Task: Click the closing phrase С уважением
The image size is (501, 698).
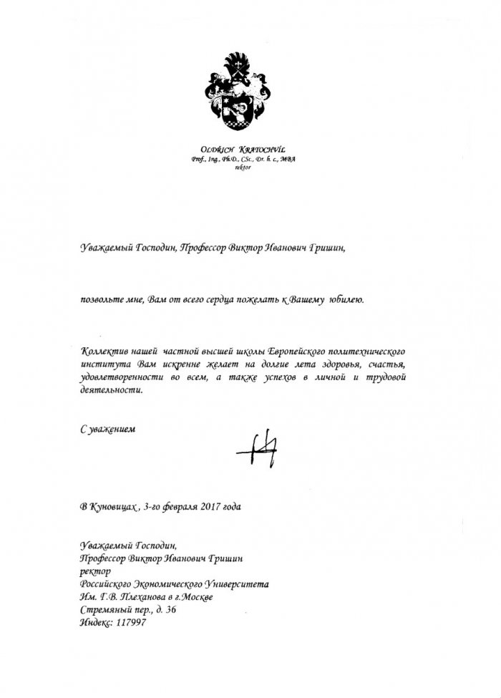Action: (x=107, y=430)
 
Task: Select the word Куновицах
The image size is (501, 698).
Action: (x=113, y=507)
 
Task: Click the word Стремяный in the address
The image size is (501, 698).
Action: (x=105, y=609)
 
